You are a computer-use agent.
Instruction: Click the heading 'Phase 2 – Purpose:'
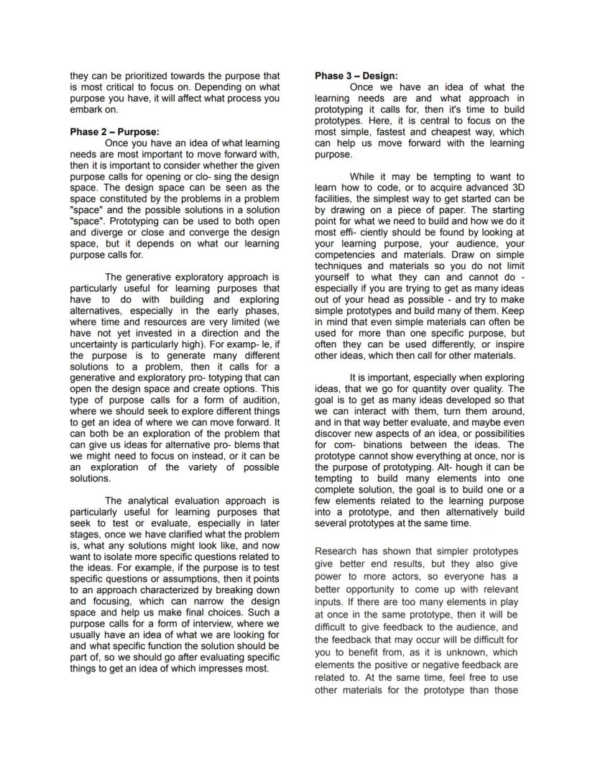tap(114, 132)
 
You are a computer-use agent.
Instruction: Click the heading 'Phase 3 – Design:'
tap(356, 75)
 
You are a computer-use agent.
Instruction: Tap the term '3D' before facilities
tap(517, 188)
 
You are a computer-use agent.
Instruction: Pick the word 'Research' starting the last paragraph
tap(336, 551)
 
